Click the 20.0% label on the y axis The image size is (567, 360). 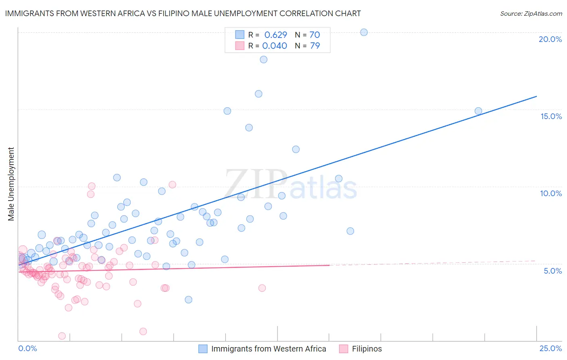pos(550,39)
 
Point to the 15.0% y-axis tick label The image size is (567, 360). pos(551,116)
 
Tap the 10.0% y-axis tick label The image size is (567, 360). pos(551,193)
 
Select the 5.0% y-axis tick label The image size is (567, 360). pos(552,271)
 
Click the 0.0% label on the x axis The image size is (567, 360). pos(27,348)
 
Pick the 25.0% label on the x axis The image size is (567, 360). pos(550,348)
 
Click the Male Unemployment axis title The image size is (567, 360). pos(11,184)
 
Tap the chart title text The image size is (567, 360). pos(183,13)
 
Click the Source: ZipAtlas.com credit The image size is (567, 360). pos(531,13)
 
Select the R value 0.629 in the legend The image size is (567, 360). pos(275,35)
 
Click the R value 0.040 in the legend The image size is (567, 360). pos(275,46)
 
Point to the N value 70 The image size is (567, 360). pos(314,35)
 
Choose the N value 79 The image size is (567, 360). pos(315,46)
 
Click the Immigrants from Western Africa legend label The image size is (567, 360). pos(269,349)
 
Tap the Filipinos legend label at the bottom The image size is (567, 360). pos(367,349)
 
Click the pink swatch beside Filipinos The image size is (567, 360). pos(343,349)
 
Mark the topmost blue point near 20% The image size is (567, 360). pos(364,32)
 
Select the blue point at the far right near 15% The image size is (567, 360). pos(478,111)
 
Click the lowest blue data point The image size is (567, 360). pos(188,299)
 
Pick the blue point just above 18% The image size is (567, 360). pos(263,59)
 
